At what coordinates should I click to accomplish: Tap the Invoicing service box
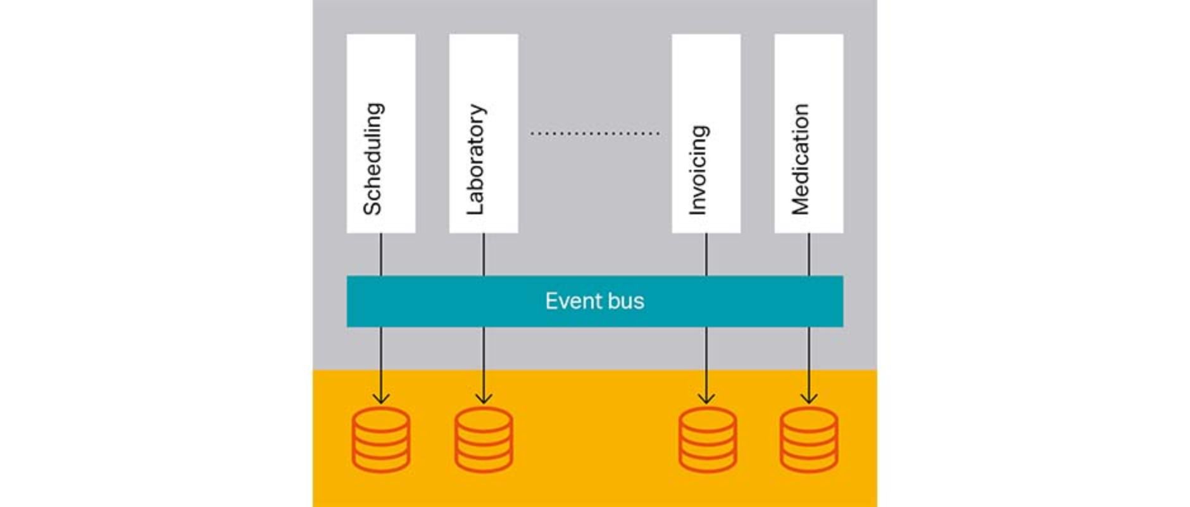pyautogui.click(x=706, y=70)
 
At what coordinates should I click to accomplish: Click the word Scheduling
pyautogui.click(x=373, y=159)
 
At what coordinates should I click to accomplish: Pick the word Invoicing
pyautogui.click(x=698, y=170)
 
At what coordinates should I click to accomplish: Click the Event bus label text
pyautogui.click(x=594, y=301)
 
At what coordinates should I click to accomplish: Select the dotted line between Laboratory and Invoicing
pyautogui.click(x=594, y=134)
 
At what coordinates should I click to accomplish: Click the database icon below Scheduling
pyautogui.click(x=381, y=439)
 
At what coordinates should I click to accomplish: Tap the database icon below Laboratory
pyautogui.click(x=484, y=439)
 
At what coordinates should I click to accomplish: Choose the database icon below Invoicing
pyautogui.click(x=707, y=439)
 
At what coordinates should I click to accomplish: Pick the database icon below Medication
pyautogui.click(x=809, y=439)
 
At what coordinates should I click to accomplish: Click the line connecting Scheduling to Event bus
pyautogui.click(x=381, y=254)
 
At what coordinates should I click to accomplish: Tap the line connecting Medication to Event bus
pyautogui.click(x=809, y=254)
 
